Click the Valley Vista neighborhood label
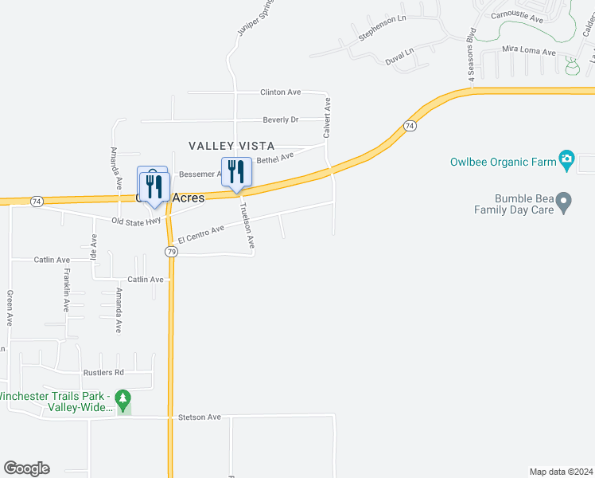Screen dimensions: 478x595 pos(231,146)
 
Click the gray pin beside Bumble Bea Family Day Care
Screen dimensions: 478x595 pos(564,203)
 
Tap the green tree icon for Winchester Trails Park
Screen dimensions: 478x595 pos(122,397)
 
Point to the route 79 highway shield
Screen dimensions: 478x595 pos(171,251)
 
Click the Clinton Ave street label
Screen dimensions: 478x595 pos(280,92)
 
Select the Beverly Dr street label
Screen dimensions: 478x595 pos(280,119)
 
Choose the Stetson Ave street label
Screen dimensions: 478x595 pos(199,417)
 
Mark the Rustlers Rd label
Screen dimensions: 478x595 pos(103,372)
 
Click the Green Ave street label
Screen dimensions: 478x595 pos(10,308)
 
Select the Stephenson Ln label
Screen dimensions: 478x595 pos(382,27)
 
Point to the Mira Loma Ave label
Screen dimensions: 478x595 pos(528,50)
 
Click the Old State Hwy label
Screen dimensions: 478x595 pos(136,221)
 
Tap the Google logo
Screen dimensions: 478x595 pos(26,468)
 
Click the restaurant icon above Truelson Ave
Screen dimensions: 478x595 pos(236,171)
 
